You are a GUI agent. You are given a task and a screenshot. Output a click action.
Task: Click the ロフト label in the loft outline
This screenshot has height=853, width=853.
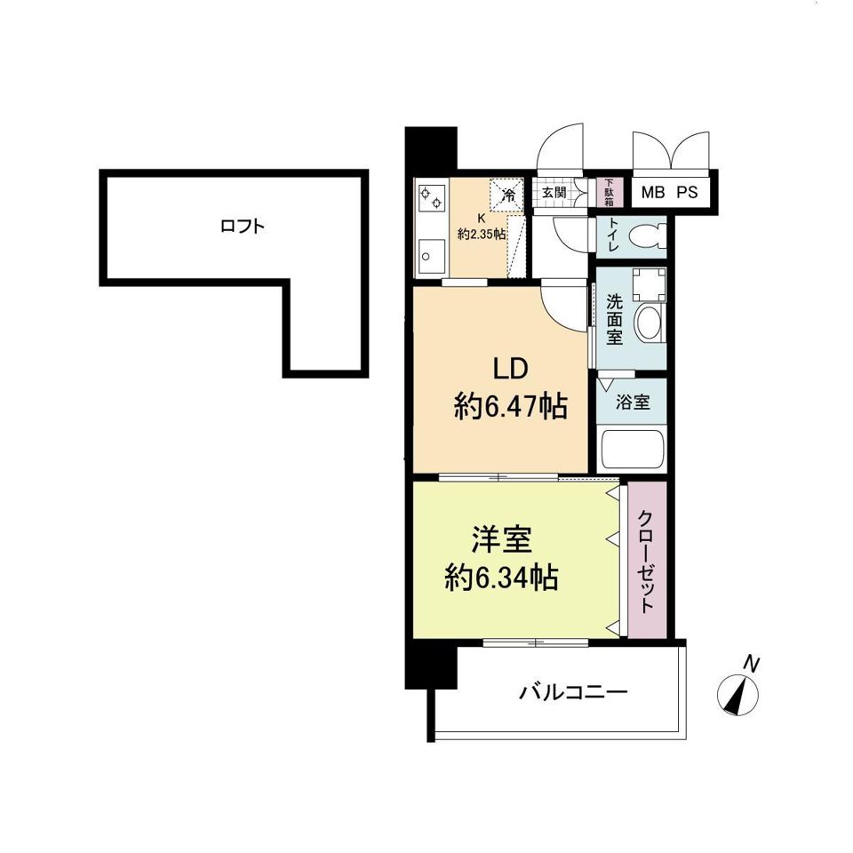[x=242, y=227]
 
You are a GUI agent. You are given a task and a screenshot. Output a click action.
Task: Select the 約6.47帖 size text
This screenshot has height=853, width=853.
[x=510, y=407]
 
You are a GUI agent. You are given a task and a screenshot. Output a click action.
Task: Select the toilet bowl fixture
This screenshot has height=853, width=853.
[x=646, y=236]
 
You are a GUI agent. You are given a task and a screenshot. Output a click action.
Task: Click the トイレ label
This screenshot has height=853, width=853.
[x=613, y=236]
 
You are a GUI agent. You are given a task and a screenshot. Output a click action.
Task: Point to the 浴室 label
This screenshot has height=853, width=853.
[x=633, y=402]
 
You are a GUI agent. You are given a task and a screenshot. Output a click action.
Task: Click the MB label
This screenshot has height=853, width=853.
[x=653, y=192]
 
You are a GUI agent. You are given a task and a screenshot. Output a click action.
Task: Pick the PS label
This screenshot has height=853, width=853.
[x=687, y=192]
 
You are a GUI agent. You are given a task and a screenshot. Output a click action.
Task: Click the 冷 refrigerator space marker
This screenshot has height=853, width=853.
[x=509, y=193]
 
